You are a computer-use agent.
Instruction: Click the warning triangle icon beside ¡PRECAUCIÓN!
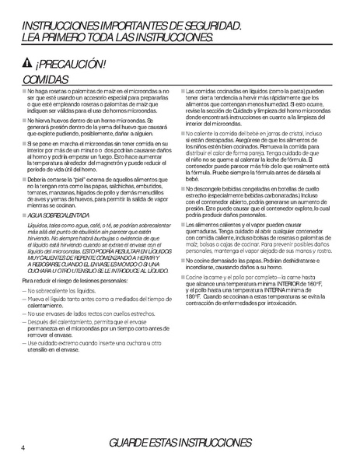[x=28, y=65]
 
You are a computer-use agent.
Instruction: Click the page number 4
[x=23, y=447]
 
